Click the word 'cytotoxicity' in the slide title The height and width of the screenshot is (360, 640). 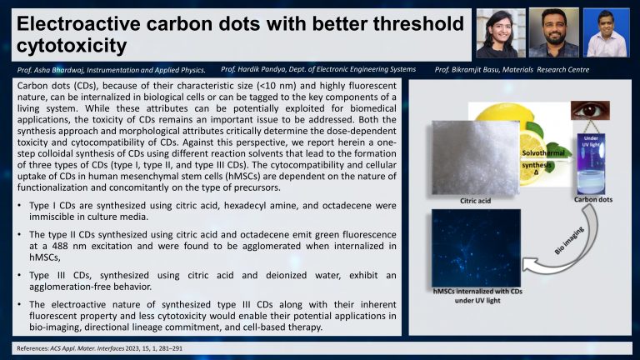point(72,45)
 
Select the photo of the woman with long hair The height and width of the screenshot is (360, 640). point(501,33)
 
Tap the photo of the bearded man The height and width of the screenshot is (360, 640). point(554,32)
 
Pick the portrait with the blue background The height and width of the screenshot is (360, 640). point(606,32)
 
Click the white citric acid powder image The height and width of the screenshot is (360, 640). point(476,157)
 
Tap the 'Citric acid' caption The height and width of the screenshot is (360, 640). point(476,201)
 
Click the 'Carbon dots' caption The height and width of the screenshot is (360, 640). point(593,200)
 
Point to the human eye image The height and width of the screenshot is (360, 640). point(590,110)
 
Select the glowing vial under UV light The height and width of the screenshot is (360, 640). point(591,164)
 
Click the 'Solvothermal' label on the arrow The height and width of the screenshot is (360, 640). point(543,153)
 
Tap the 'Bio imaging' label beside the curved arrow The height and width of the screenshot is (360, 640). point(569,241)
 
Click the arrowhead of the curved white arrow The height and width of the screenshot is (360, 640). point(528,264)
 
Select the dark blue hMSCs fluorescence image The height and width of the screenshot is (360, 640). point(476,247)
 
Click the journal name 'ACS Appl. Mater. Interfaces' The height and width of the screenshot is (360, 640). point(87,348)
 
